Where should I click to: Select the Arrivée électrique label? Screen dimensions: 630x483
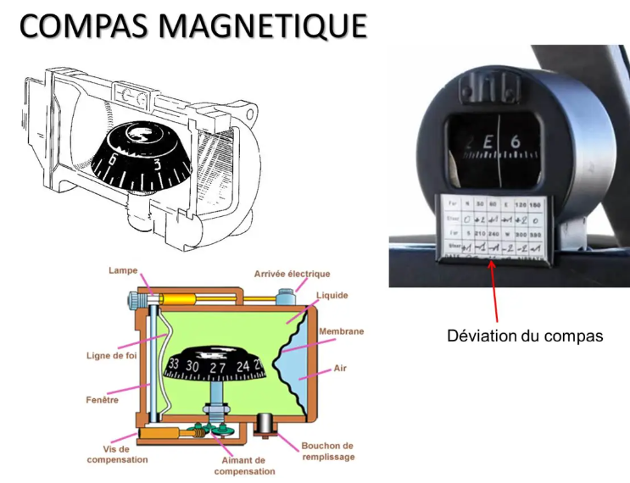[292, 274]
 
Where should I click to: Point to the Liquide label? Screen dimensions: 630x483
[332, 296]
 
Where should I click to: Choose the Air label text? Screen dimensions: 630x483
[338, 369]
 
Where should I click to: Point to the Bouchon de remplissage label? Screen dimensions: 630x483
[328, 451]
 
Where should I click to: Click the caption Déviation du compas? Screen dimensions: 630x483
[525, 336]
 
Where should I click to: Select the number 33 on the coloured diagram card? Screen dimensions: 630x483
[174, 364]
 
